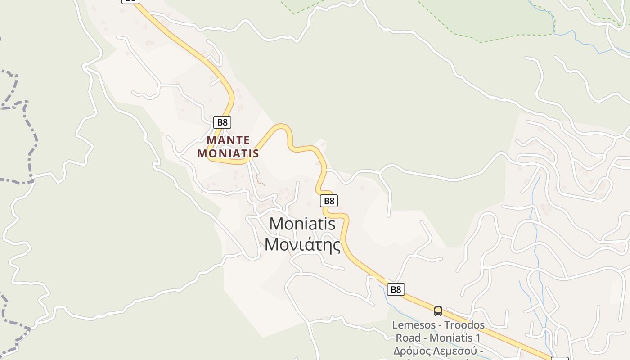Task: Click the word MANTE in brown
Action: (228, 140)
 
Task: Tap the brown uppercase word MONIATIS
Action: (228, 153)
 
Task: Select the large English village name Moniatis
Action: (302, 224)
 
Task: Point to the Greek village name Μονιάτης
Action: (302, 244)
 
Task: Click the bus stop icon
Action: (438, 311)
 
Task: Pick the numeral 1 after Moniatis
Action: (478, 337)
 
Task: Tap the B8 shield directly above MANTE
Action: (222, 122)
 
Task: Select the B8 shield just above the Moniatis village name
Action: (329, 201)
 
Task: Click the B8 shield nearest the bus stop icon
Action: (396, 289)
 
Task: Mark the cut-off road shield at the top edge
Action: (130, 1)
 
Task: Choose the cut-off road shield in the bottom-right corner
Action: (559, 359)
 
